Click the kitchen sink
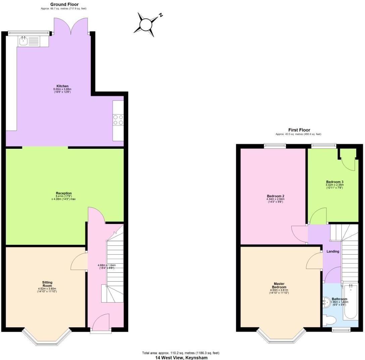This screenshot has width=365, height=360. click(23, 42)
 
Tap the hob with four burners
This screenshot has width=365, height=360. click(118, 120)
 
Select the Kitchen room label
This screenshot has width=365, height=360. click(62, 86)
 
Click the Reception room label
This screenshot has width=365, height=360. click(64, 193)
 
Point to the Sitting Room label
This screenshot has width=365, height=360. click(47, 284)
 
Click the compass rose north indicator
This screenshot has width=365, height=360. click(161, 15)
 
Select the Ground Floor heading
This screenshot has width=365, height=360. click(64, 4)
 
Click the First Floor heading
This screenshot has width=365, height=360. click(299, 130)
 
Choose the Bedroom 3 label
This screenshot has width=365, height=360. click(334, 182)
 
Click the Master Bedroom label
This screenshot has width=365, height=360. click(279, 285)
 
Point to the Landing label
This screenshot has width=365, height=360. click(333, 251)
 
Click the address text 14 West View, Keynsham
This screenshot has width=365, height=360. click(181, 358)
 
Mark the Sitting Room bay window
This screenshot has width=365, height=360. click(47, 337)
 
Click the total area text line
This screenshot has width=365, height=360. click(181, 353)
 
